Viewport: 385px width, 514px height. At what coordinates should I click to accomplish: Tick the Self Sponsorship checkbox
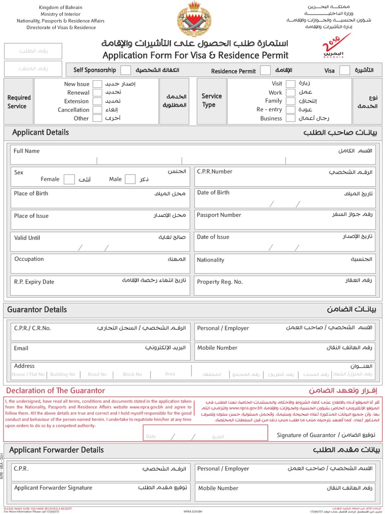(x=126, y=70)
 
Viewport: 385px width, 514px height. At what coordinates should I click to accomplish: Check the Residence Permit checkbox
(x=266, y=71)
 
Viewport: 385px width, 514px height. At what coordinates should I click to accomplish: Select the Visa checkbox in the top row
(x=344, y=71)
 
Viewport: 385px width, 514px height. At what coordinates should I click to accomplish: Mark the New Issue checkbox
(x=98, y=84)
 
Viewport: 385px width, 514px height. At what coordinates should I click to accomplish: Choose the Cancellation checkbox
(x=98, y=110)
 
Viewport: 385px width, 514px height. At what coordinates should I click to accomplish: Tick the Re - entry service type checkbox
(x=290, y=109)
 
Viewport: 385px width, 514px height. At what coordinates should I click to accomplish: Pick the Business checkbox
(x=290, y=118)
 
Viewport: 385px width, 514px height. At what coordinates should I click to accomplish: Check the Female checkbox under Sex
(x=70, y=179)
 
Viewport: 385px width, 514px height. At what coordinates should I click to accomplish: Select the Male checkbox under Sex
(x=130, y=179)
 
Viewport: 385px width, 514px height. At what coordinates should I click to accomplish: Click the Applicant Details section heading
(x=41, y=133)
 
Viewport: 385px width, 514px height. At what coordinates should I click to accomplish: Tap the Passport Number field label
(x=219, y=215)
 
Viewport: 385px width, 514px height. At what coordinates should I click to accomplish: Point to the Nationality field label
(x=211, y=260)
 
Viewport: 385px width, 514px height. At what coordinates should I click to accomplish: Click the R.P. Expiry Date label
(x=34, y=282)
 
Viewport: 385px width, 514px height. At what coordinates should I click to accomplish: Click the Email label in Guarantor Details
(x=21, y=348)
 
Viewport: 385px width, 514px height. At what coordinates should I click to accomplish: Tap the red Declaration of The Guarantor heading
(x=56, y=391)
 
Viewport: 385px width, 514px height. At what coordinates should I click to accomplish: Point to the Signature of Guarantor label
(x=306, y=435)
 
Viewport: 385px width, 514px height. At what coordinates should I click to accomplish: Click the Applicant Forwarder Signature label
(x=53, y=487)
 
